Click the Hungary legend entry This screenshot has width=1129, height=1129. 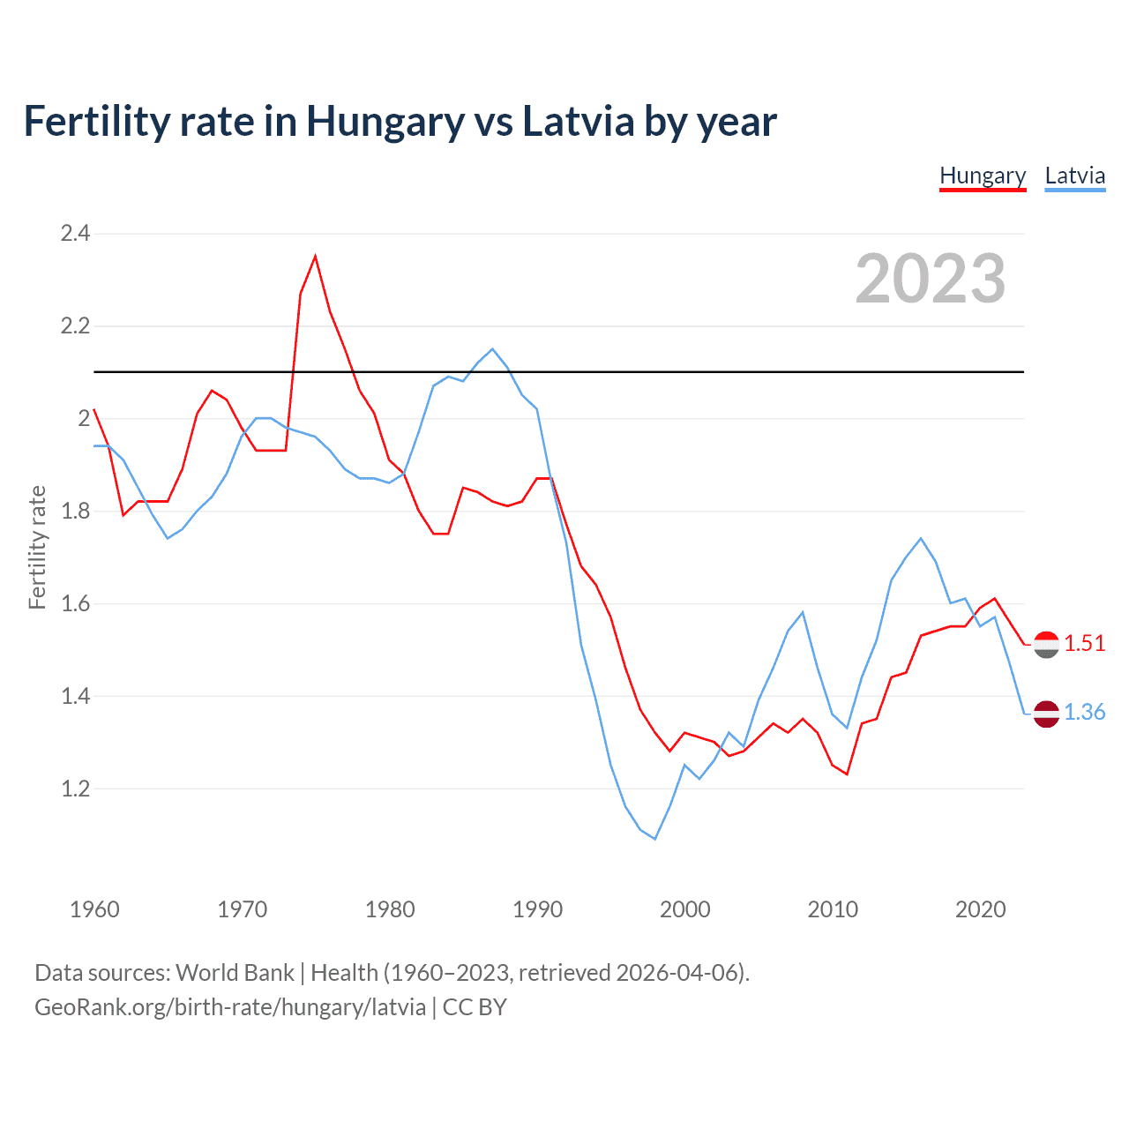click(x=983, y=176)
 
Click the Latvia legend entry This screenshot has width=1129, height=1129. click(x=1074, y=176)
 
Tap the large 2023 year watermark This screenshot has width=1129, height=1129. click(x=930, y=279)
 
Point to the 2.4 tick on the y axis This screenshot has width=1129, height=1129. click(x=75, y=234)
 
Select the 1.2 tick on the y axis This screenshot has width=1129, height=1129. click(x=75, y=789)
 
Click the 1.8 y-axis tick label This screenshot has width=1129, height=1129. click(x=75, y=512)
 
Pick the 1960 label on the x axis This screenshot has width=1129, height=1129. click(x=94, y=909)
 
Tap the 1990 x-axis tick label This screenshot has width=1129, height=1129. click(x=537, y=909)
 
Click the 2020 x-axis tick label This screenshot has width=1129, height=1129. click(x=980, y=909)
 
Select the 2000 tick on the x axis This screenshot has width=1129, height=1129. click(x=684, y=909)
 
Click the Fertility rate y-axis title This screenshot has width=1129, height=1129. click(x=37, y=547)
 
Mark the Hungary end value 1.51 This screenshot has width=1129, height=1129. click(x=1084, y=644)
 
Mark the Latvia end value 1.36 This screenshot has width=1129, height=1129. click(x=1084, y=713)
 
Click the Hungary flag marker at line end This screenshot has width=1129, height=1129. click(x=1046, y=645)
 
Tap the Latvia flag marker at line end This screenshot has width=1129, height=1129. click(x=1046, y=714)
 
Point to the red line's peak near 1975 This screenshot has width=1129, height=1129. click(x=315, y=257)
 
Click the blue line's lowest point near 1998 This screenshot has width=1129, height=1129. click(x=654, y=839)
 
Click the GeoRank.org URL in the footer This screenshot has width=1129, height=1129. click(x=230, y=1007)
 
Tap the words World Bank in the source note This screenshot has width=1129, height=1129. click(x=235, y=973)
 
